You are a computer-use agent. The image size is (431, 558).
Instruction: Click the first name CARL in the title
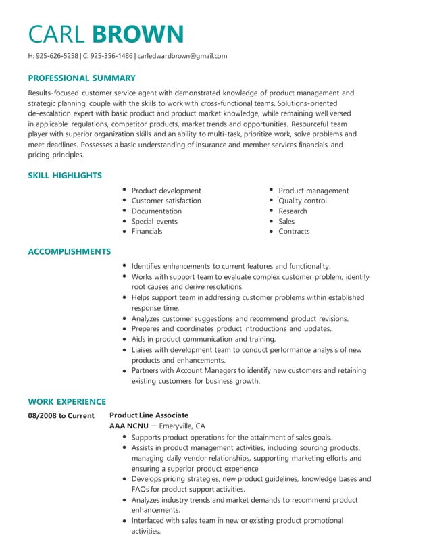[x=57, y=34]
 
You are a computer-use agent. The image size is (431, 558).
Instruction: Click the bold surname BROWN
[x=138, y=34]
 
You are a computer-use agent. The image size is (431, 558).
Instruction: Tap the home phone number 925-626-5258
[x=57, y=56]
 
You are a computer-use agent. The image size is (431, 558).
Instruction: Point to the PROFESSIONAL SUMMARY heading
[x=81, y=78]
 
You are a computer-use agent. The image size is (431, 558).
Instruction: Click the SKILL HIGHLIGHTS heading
[x=65, y=176]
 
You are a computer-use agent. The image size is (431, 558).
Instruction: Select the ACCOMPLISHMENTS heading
[x=69, y=252]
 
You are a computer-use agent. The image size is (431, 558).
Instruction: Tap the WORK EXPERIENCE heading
[x=67, y=401]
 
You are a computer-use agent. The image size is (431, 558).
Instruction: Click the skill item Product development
[x=166, y=191]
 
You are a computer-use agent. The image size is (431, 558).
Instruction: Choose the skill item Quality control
[x=302, y=201]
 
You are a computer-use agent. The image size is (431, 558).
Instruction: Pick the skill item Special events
[x=155, y=221]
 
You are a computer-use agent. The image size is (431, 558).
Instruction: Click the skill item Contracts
[x=294, y=231]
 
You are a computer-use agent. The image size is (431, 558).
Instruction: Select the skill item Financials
[x=147, y=231]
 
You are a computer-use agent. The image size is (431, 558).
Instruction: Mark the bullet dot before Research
[x=271, y=211]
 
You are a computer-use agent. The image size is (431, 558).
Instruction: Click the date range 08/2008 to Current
[x=61, y=415]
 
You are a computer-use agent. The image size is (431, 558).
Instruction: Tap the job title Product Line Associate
[x=149, y=415]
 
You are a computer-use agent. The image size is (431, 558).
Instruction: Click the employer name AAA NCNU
[x=128, y=426]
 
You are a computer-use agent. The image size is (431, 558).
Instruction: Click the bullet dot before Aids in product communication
[x=125, y=339]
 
